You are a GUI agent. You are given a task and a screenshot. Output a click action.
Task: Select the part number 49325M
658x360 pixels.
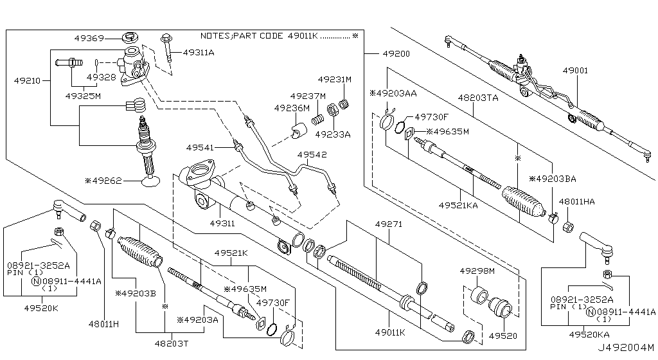(83, 96)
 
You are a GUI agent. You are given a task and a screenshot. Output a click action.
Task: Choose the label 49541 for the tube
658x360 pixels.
(201, 147)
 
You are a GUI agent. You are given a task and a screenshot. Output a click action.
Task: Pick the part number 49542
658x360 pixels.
(312, 155)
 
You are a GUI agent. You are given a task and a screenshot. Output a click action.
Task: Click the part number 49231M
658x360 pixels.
(337, 80)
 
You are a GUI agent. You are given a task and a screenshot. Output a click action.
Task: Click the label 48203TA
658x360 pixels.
(478, 98)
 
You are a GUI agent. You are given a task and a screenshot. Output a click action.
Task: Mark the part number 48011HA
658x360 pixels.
(576, 201)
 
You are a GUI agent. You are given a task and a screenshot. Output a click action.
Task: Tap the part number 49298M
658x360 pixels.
(477, 271)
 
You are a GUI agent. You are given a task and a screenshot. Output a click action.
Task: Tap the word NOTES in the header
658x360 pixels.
(214, 36)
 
